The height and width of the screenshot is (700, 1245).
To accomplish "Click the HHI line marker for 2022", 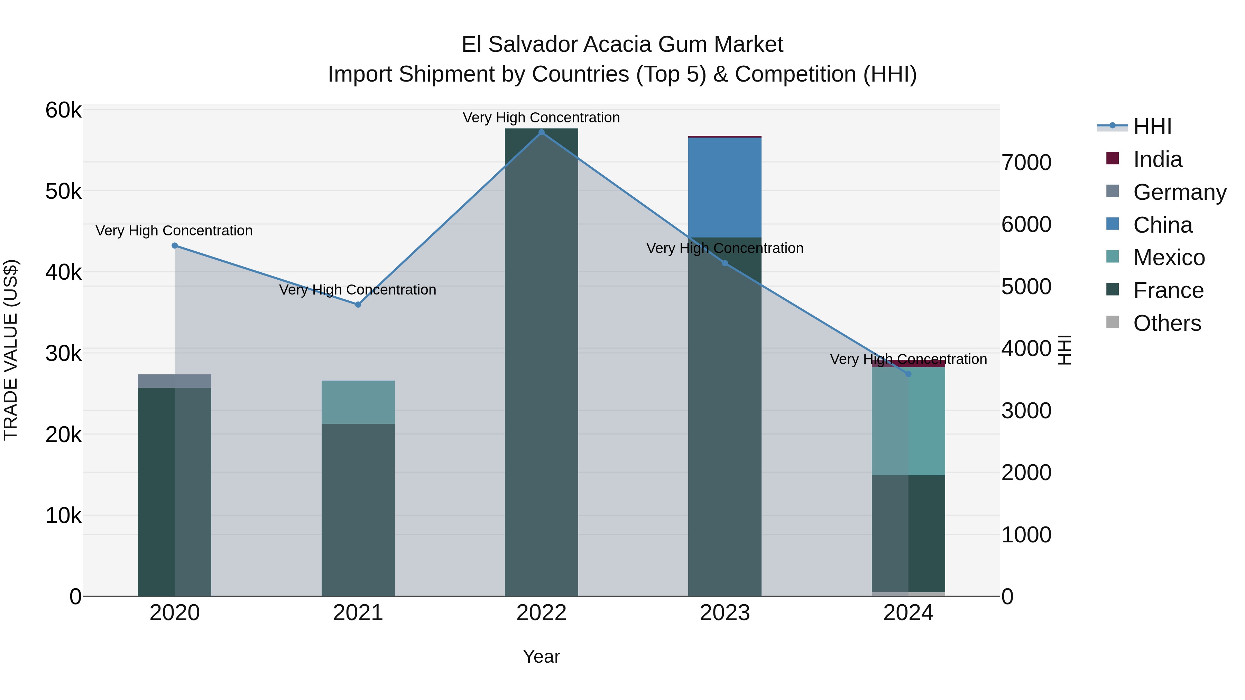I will (x=541, y=132).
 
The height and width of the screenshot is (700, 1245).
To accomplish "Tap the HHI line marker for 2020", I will (x=175, y=245).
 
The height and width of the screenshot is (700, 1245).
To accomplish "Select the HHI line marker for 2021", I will (x=358, y=304).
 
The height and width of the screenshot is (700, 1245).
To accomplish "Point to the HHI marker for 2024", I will (x=908, y=374).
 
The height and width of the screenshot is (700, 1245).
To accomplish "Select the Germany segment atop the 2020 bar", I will (x=175, y=381).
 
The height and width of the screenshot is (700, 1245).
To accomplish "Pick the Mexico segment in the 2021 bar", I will (x=358, y=402).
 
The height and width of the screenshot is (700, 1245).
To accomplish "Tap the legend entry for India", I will (x=1157, y=159).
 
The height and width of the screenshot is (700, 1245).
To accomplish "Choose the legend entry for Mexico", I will (x=1168, y=258).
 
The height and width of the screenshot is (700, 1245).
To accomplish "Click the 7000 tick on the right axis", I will (x=1026, y=163).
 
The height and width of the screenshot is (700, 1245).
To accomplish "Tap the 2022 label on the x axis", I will (x=541, y=613).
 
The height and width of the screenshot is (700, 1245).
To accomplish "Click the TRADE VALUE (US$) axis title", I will (x=11, y=350).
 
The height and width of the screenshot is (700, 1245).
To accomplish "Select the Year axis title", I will (x=541, y=656).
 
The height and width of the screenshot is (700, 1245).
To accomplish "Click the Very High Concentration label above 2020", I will (x=174, y=231).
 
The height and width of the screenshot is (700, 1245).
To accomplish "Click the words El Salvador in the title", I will (x=519, y=45).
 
